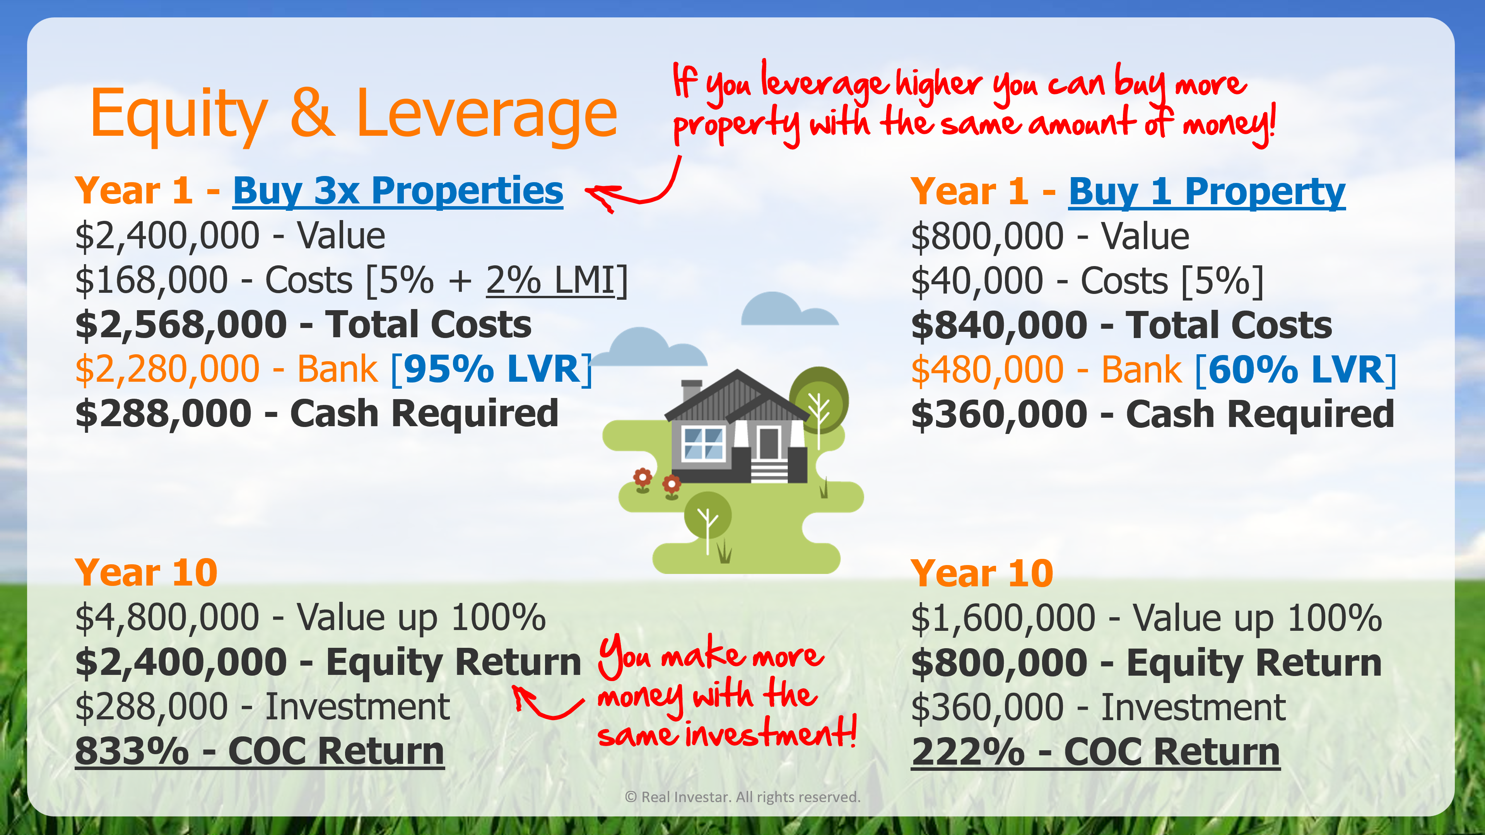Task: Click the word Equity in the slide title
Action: point(179,115)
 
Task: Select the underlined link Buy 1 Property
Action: point(1207,192)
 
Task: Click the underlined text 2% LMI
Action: point(550,281)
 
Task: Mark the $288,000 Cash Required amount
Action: point(164,414)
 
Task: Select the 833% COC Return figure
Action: point(260,751)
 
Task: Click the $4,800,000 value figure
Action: point(167,618)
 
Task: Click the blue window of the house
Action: point(703,444)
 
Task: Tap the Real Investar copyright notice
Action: point(743,797)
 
